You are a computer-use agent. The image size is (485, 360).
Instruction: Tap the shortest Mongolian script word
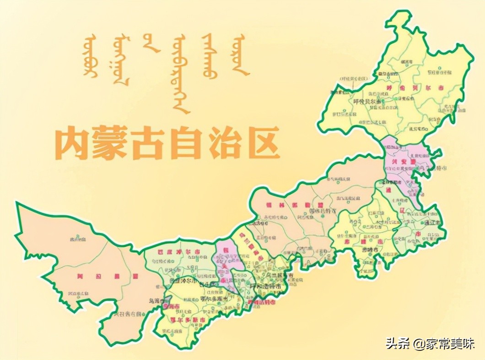tap(151, 44)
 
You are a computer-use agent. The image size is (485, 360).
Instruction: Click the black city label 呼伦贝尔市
tap(368, 102)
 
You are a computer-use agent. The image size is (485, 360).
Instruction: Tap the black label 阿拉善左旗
tap(128, 314)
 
